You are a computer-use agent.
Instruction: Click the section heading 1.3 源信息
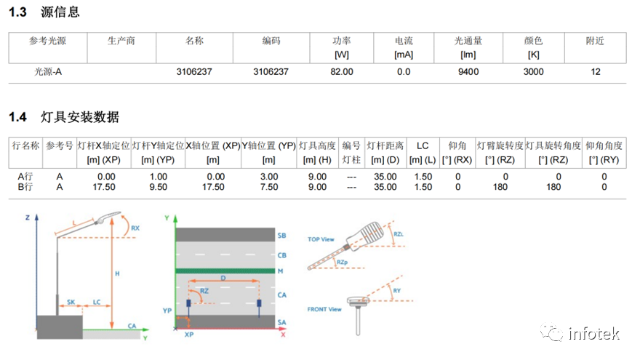pyautogui.click(x=44, y=12)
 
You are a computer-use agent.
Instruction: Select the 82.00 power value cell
pyautogui.click(x=341, y=71)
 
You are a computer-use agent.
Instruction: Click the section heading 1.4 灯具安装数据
pyautogui.click(x=63, y=117)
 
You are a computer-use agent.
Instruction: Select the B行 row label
pyautogui.click(x=25, y=187)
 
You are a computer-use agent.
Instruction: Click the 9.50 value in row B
pyautogui.click(x=157, y=187)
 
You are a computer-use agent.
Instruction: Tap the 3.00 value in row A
pyautogui.click(x=268, y=176)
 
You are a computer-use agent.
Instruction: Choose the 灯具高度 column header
pyautogui.click(x=317, y=145)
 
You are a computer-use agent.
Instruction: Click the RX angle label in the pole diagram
pyautogui.click(x=134, y=228)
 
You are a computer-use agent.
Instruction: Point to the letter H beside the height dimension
pyautogui.click(x=118, y=273)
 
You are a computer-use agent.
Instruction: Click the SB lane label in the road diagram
pyautogui.click(x=282, y=236)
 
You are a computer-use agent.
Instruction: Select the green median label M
pyautogui.click(x=281, y=271)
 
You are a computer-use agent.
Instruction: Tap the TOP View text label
pyautogui.click(x=320, y=239)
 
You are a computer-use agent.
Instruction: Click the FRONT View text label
pyautogui.click(x=324, y=309)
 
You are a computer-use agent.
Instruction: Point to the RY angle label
pyautogui.click(x=397, y=291)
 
